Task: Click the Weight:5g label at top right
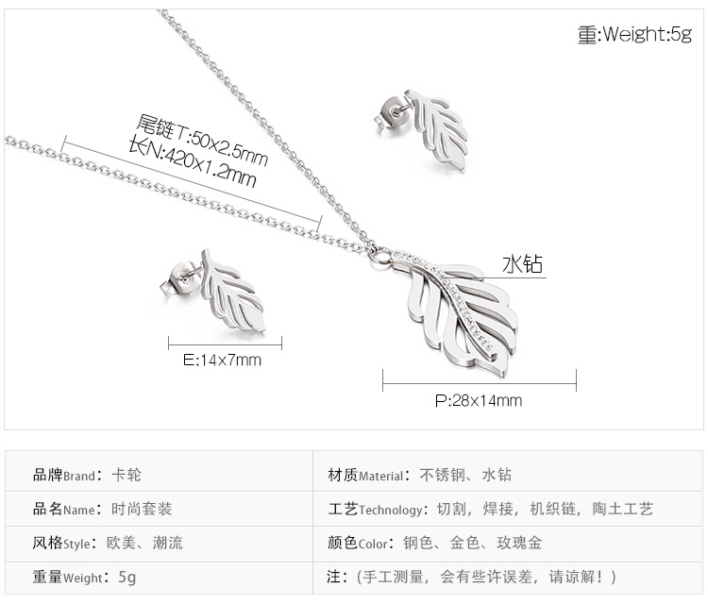pyautogui.click(x=634, y=34)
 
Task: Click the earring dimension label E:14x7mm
pyautogui.click(x=222, y=360)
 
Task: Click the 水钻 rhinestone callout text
pyautogui.click(x=522, y=263)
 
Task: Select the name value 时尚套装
pyautogui.click(x=143, y=509)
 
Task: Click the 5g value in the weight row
pyautogui.click(x=127, y=577)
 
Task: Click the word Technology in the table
pyautogui.click(x=391, y=510)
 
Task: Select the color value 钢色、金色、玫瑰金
pyautogui.click(x=472, y=543)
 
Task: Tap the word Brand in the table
pyautogui.click(x=79, y=476)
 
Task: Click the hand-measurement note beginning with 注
pyautogui.click(x=473, y=576)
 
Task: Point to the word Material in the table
pyautogui.click(x=381, y=476)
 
